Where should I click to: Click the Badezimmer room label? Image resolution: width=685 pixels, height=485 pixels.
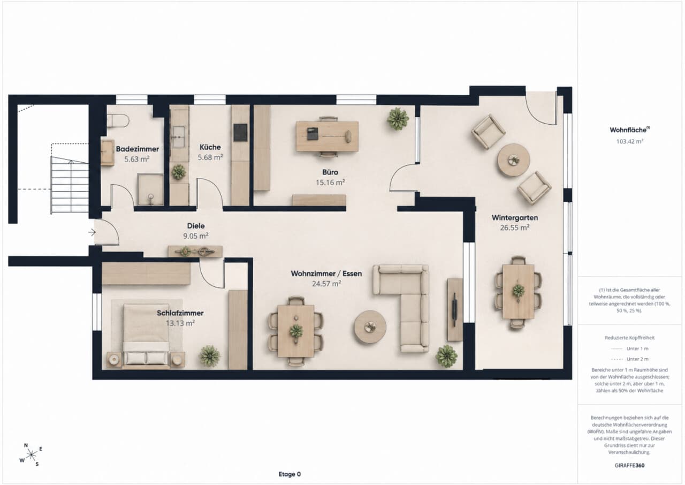click(x=138, y=149)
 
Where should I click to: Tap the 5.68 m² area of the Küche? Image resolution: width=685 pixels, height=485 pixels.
click(x=210, y=157)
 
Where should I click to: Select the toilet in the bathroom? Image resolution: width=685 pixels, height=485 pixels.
click(x=118, y=120)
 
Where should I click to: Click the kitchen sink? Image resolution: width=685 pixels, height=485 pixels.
click(x=179, y=137)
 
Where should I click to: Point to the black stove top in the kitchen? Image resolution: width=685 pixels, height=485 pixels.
click(x=241, y=132)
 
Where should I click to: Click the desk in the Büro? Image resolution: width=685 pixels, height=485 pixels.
click(x=327, y=136)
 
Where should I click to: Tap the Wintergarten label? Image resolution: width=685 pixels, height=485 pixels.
click(x=515, y=218)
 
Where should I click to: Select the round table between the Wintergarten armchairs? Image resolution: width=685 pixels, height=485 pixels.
click(x=513, y=160)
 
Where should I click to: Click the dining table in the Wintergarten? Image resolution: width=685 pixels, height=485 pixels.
click(x=519, y=291)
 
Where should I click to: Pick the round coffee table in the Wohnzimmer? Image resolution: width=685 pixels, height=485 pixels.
click(x=370, y=327)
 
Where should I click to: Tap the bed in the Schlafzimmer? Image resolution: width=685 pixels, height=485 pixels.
click(x=146, y=336)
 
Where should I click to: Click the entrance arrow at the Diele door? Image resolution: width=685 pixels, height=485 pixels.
click(x=92, y=232)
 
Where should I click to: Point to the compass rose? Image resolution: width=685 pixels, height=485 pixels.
click(x=31, y=454)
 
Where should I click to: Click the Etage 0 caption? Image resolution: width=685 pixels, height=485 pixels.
click(x=290, y=474)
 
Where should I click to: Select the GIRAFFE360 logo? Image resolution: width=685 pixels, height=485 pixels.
click(x=629, y=465)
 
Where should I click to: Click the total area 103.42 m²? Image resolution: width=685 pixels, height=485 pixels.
click(x=630, y=141)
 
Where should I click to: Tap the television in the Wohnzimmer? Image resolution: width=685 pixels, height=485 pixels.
click(x=455, y=310)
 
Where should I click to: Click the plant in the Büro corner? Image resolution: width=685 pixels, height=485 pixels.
click(x=398, y=118)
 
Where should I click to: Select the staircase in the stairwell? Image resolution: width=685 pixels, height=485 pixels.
click(x=70, y=185)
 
